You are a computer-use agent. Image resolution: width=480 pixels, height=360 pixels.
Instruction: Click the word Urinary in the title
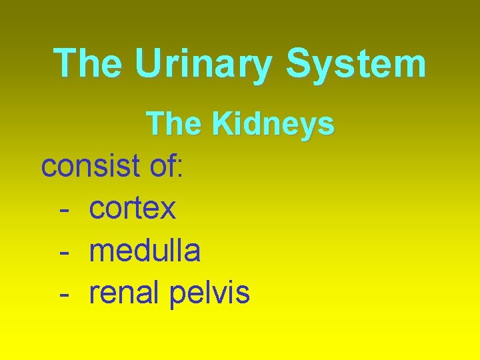click(x=204, y=64)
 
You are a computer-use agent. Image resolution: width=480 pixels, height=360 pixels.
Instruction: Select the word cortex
click(x=133, y=209)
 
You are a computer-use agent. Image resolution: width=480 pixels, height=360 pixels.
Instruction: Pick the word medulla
click(x=145, y=251)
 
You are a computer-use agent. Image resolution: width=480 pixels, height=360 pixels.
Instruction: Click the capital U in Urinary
click(x=147, y=64)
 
